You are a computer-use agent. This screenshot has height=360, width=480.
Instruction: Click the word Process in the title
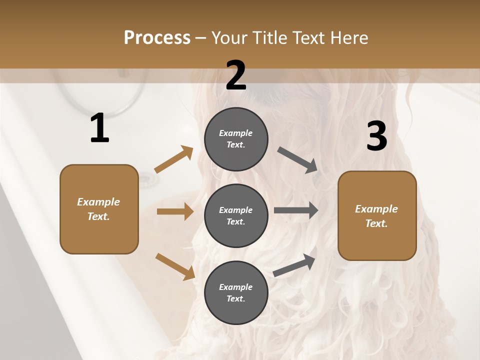point(157,37)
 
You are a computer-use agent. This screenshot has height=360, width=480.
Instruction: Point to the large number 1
point(99,128)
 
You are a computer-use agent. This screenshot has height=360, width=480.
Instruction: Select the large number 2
point(236,75)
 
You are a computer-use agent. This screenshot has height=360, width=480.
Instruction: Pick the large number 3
point(376,136)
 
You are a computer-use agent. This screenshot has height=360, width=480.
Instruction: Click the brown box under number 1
point(99,209)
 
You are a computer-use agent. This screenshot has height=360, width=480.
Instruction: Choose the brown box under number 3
point(377,215)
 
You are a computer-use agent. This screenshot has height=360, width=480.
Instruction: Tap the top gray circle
point(236,139)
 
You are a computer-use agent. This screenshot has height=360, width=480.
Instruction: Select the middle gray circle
point(236,215)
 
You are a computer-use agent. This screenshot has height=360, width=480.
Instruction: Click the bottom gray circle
point(236,292)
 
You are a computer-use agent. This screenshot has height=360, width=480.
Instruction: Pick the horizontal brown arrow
point(175,211)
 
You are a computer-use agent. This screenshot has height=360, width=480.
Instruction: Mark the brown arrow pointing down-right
point(175,266)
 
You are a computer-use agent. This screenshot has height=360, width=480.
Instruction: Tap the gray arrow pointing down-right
point(297,160)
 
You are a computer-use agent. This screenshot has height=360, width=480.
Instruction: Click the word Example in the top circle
point(236,133)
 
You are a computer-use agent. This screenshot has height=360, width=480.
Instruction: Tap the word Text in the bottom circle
point(235,298)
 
